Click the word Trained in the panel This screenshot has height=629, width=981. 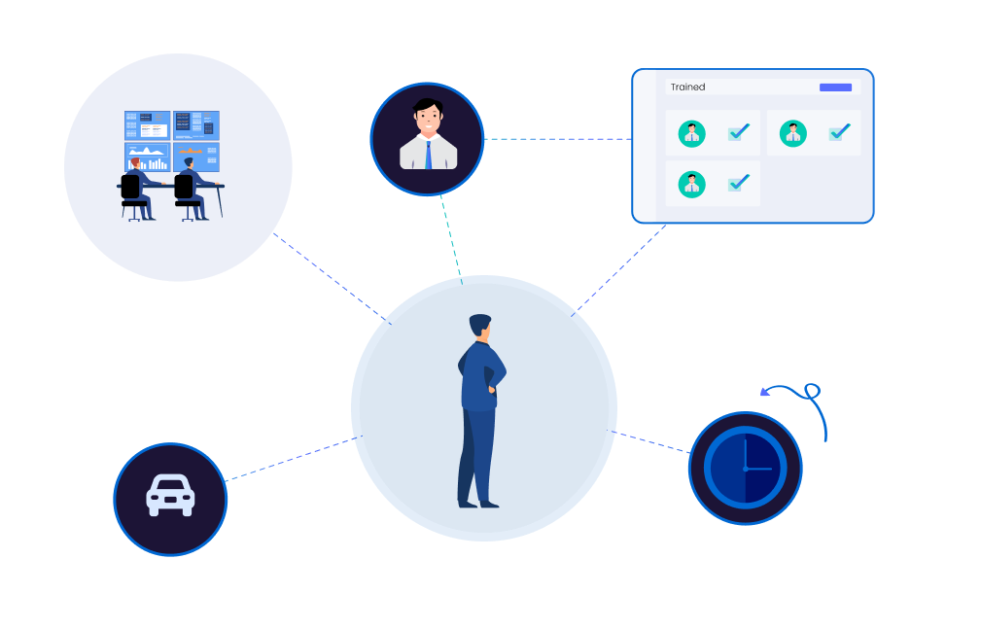click(x=687, y=87)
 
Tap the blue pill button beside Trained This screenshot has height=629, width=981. click(x=835, y=87)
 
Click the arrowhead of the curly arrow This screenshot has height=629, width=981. click(x=766, y=393)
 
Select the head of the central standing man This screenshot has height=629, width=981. click(x=480, y=328)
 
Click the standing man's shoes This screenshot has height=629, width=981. click(x=478, y=503)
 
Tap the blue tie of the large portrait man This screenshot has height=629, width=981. click(x=428, y=154)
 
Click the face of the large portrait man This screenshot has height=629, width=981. click(x=427, y=122)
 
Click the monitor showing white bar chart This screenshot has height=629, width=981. click(x=147, y=157)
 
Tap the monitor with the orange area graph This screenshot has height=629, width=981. click(x=196, y=156)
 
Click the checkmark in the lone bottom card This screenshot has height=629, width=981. click(x=738, y=182)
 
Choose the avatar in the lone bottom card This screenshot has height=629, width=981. click(x=691, y=183)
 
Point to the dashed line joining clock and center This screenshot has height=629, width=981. click(x=651, y=441)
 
